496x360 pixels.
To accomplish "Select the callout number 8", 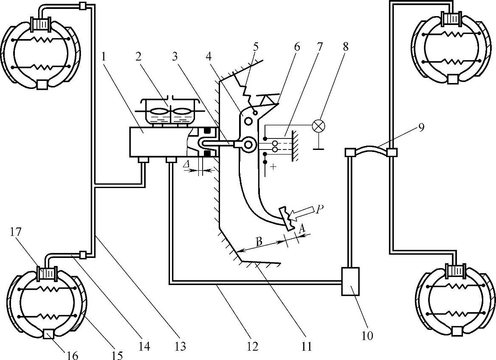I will (x=346, y=47).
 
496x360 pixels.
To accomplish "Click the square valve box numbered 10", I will (x=350, y=281).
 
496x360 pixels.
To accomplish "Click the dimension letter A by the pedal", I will (x=301, y=229).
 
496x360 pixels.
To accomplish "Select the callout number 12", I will (x=252, y=347).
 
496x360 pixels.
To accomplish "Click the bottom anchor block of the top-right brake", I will (x=452, y=79).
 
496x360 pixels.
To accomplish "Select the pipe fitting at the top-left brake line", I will (x=83, y=6).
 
